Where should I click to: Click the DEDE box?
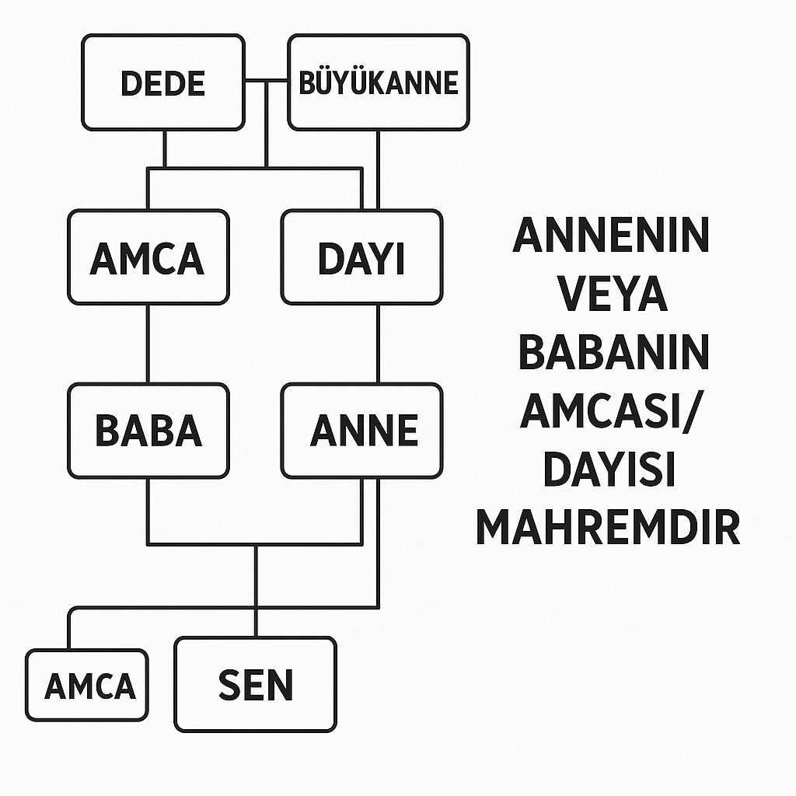[x=163, y=82]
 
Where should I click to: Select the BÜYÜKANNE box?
[x=379, y=82]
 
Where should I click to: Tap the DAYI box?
[x=361, y=257]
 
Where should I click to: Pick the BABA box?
[x=148, y=431]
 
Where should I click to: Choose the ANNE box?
[x=362, y=431]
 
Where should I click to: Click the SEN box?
[x=256, y=684]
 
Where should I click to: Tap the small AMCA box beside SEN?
[x=87, y=686]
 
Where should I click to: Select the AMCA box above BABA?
[x=148, y=257]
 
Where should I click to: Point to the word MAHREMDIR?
[x=607, y=528]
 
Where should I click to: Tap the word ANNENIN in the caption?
[x=611, y=236]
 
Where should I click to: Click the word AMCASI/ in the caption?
[x=611, y=411]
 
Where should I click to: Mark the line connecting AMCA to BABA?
[x=148, y=344]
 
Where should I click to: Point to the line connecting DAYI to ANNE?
[x=378, y=344]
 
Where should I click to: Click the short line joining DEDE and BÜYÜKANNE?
[x=266, y=82]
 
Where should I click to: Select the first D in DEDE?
[x=132, y=83]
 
